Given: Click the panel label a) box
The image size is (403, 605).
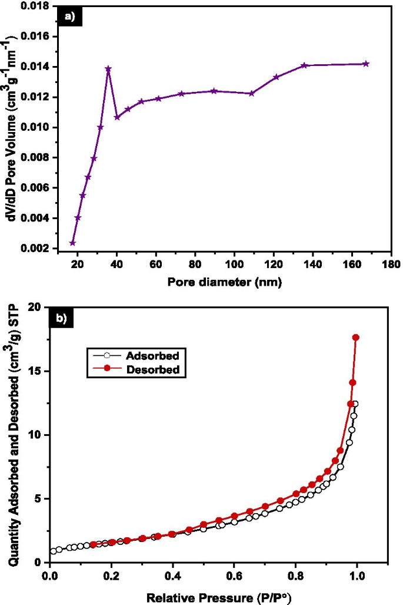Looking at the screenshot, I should [x=74, y=16].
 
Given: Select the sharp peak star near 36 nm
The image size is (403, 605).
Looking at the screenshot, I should [x=108, y=69].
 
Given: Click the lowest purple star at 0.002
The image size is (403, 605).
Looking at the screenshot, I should [x=72, y=243].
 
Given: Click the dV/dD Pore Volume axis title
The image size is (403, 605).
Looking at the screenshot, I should [x=10, y=127].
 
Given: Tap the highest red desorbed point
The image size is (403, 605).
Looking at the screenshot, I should [x=355, y=337].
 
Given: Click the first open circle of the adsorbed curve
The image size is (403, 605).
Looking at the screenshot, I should [x=54, y=551].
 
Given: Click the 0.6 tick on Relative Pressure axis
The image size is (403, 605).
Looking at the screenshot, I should [x=234, y=574].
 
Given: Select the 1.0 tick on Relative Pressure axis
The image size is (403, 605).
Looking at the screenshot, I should [x=357, y=574].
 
